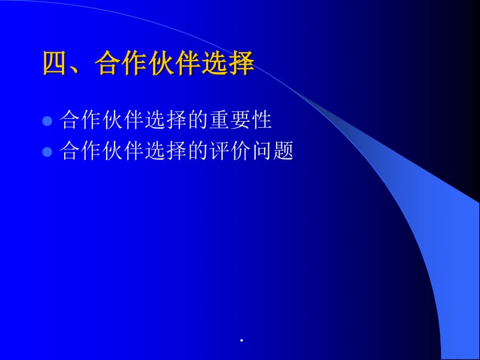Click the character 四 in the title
click(x=56, y=64)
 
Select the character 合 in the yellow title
click(x=109, y=64)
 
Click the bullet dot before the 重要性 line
click(x=48, y=121)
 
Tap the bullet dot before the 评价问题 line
click(x=48, y=151)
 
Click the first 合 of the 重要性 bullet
click(x=71, y=121)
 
